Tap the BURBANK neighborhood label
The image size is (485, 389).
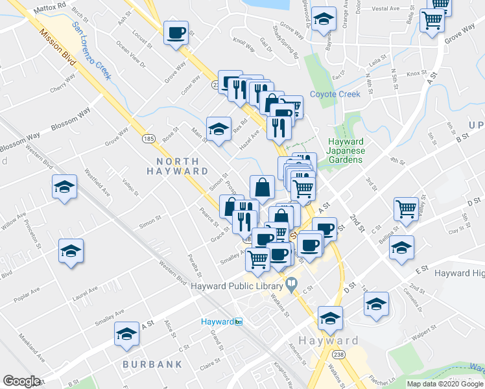pyautogui.click(x=152, y=364)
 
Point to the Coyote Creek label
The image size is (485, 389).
pyautogui.click(x=335, y=94)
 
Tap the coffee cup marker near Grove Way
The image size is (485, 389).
pyautogui.click(x=176, y=32)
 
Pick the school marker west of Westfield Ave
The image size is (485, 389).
pyautogui.click(x=64, y=188)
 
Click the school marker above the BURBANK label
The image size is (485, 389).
pyautogui.click(x=126, y=334)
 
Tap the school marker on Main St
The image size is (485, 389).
pyautogui.click(x=219, y=128)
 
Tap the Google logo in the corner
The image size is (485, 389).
pyautogui.click(x=22, y=381)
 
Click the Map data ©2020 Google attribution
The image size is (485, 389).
pyautogui.click(x=445, y=384)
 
